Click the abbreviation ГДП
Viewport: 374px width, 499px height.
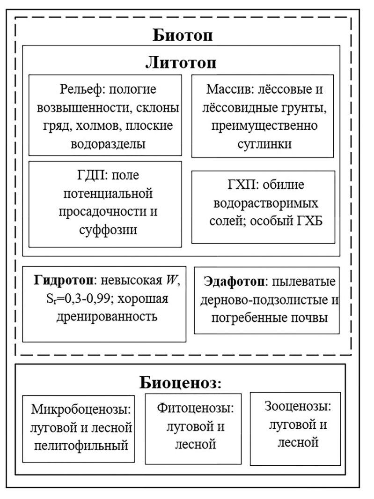tap(88, 175)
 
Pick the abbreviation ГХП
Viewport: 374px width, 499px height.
tap(233, 185)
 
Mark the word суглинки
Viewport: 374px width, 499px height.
tap(264, 144)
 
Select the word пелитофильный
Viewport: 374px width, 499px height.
tap(81, 445)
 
